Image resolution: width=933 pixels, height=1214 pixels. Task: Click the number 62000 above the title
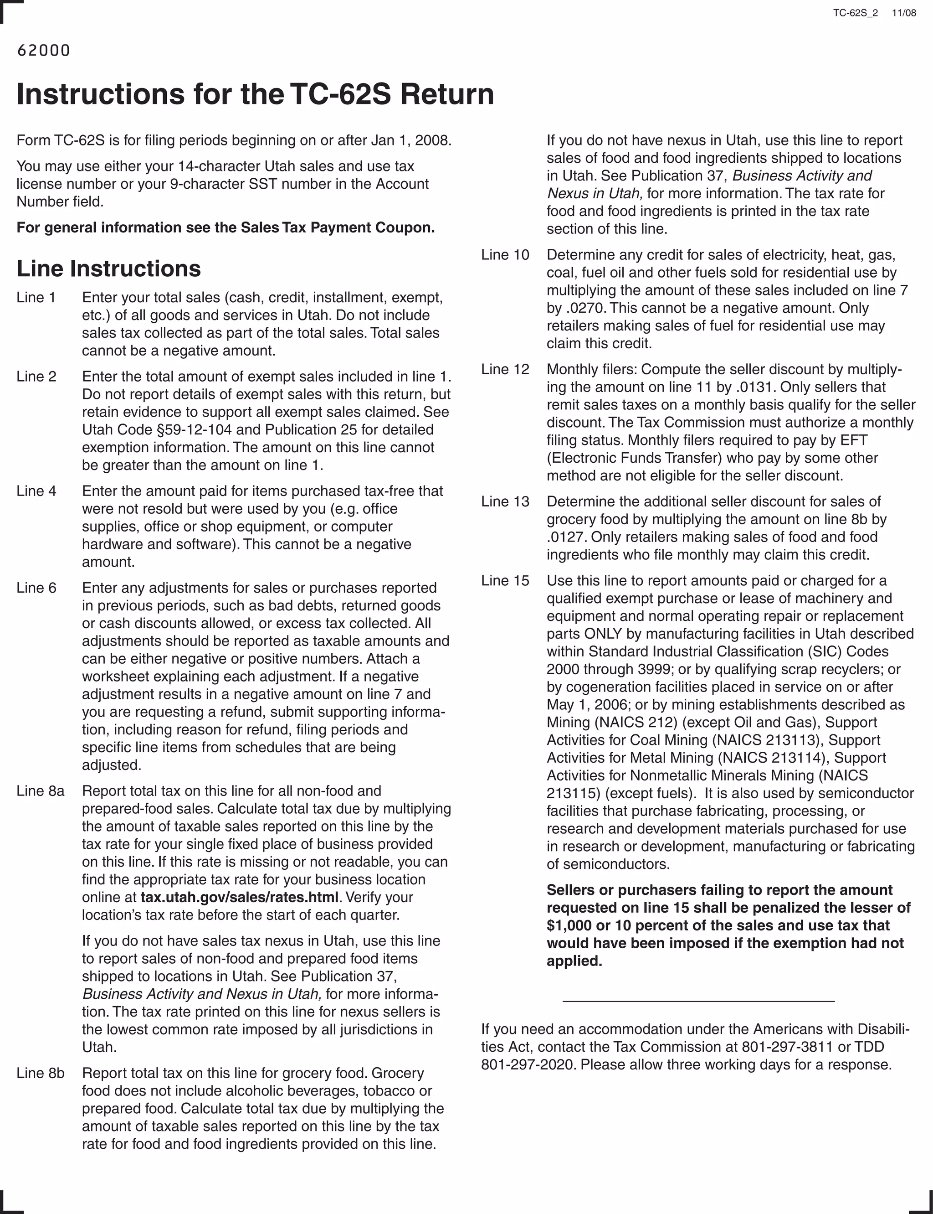coord(43,51)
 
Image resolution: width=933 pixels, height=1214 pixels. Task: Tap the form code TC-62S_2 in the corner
coord(855,13)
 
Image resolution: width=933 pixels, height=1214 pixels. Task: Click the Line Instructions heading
coord(108,269)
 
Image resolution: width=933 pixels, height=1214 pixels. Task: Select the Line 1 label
coord(36,297)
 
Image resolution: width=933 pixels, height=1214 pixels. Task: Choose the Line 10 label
coord(505,255)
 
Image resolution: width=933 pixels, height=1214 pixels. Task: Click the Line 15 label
coord(505,581)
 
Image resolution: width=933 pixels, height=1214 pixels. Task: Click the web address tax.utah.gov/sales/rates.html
coord(239,897)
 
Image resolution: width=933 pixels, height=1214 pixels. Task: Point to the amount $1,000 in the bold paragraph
coord(569,925)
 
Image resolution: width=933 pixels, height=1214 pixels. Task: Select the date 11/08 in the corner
coord(903,13)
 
